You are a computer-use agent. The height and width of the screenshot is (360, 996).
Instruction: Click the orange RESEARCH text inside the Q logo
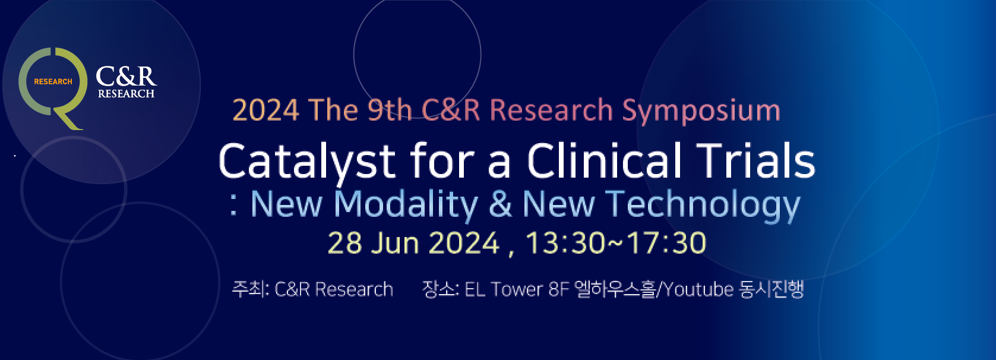tap(53, 81)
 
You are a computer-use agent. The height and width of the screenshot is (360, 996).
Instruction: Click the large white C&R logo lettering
tap(127, 76)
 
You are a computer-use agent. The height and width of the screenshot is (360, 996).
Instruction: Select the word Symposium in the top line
tap(701, 111)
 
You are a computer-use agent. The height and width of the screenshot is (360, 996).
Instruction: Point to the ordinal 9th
tap(390, 110)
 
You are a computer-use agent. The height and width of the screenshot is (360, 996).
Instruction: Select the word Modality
tap(406, 205)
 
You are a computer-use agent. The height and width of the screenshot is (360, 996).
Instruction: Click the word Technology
tap(703, 205)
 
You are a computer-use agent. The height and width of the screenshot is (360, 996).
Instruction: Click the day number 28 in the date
tap(344, 243)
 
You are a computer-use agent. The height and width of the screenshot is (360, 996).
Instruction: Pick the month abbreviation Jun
tap(395, 243)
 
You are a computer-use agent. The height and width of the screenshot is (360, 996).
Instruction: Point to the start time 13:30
tap(565, 243)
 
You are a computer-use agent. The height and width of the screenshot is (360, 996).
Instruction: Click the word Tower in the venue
tap(517, 290)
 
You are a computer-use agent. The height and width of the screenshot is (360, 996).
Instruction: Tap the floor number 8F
tap(559, 290)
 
